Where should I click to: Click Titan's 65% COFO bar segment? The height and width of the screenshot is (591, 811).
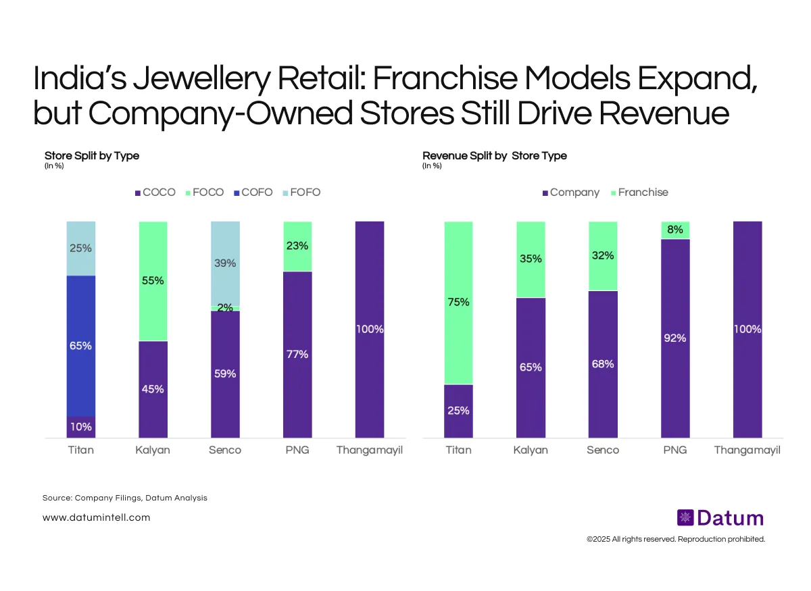click(x=80, y=345)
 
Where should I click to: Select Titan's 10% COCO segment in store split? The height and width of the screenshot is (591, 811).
click(x=80, y=426)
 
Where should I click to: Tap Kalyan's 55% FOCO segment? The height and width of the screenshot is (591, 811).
click(x=153, y=280)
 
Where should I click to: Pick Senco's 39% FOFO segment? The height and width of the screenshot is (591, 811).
click(x=225, y=263)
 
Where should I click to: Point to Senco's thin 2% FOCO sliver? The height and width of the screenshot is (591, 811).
click(x=225, y=308)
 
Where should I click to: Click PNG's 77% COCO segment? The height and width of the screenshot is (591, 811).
click(x=297, y=354)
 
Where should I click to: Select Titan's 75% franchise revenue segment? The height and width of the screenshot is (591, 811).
click(x=458, y=302)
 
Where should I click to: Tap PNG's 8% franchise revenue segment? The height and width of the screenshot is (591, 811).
click(x=674, y=230)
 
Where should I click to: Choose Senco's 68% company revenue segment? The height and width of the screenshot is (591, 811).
click(x=603, y=363)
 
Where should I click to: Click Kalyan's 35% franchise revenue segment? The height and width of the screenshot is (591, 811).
click(x=531, y=259)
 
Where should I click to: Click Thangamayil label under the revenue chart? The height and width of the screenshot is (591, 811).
click(x=747, y=450)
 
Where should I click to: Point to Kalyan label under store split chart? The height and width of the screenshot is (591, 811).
click(x=153, y=450)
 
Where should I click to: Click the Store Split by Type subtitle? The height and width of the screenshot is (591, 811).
click(x=92, y=156)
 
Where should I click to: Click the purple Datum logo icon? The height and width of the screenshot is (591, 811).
click(x=685, y=518)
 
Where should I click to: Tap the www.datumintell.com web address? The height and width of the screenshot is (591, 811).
click(x=96, y=518)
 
